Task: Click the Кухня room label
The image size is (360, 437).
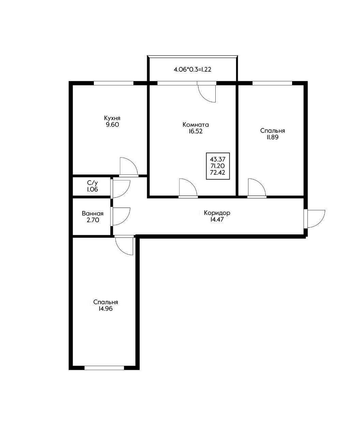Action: coord(112,118)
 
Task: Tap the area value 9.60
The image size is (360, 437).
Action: coord(112,125)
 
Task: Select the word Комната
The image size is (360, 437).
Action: coord(196,125)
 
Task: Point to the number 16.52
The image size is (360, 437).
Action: coord(196,131)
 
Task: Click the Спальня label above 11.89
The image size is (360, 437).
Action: coord(273,131)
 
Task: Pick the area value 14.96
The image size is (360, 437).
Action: coord(106,309)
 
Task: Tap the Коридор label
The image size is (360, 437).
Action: coord(217,213)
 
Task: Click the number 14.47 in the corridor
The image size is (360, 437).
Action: coord(217,220)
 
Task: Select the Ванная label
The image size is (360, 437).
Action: coord(93,214)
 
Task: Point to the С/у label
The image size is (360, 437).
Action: coord(92,183)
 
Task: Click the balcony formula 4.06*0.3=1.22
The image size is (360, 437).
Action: coord(192,70)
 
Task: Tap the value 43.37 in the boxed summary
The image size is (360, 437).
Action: coord(218,159)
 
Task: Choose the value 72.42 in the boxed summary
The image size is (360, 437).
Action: coord(218,173)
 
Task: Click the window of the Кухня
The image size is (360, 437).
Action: coord(114,83)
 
